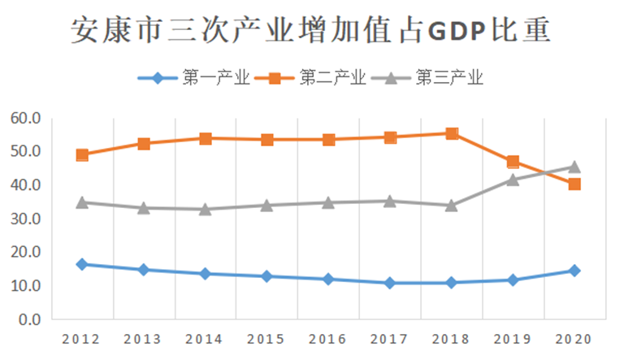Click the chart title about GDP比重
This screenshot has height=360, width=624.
[x=311, y=30]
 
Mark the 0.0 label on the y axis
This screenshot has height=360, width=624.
[x=28, y=319]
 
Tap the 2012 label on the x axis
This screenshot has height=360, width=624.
[x=82, y=337]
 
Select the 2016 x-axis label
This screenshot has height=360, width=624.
[x=328, y=337]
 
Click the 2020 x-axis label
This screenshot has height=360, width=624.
[x=574, y=337]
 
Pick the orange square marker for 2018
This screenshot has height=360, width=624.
[x=452, y=133]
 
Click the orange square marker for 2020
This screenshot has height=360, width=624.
[x=574, y=184]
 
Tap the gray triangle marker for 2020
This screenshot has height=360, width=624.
[x=574, y=167]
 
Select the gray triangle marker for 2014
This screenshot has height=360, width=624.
[x=206, y=209]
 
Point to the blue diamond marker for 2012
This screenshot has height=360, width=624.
[x=82, y=264]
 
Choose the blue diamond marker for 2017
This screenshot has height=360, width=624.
[x=390, y=283]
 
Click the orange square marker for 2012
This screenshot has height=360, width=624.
[x=82, y=154]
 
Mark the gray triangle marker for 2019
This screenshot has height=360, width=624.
[x=513, y=180]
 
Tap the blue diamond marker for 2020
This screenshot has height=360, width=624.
[x=574, y=271]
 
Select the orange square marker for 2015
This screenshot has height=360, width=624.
[x=267, y=140]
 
